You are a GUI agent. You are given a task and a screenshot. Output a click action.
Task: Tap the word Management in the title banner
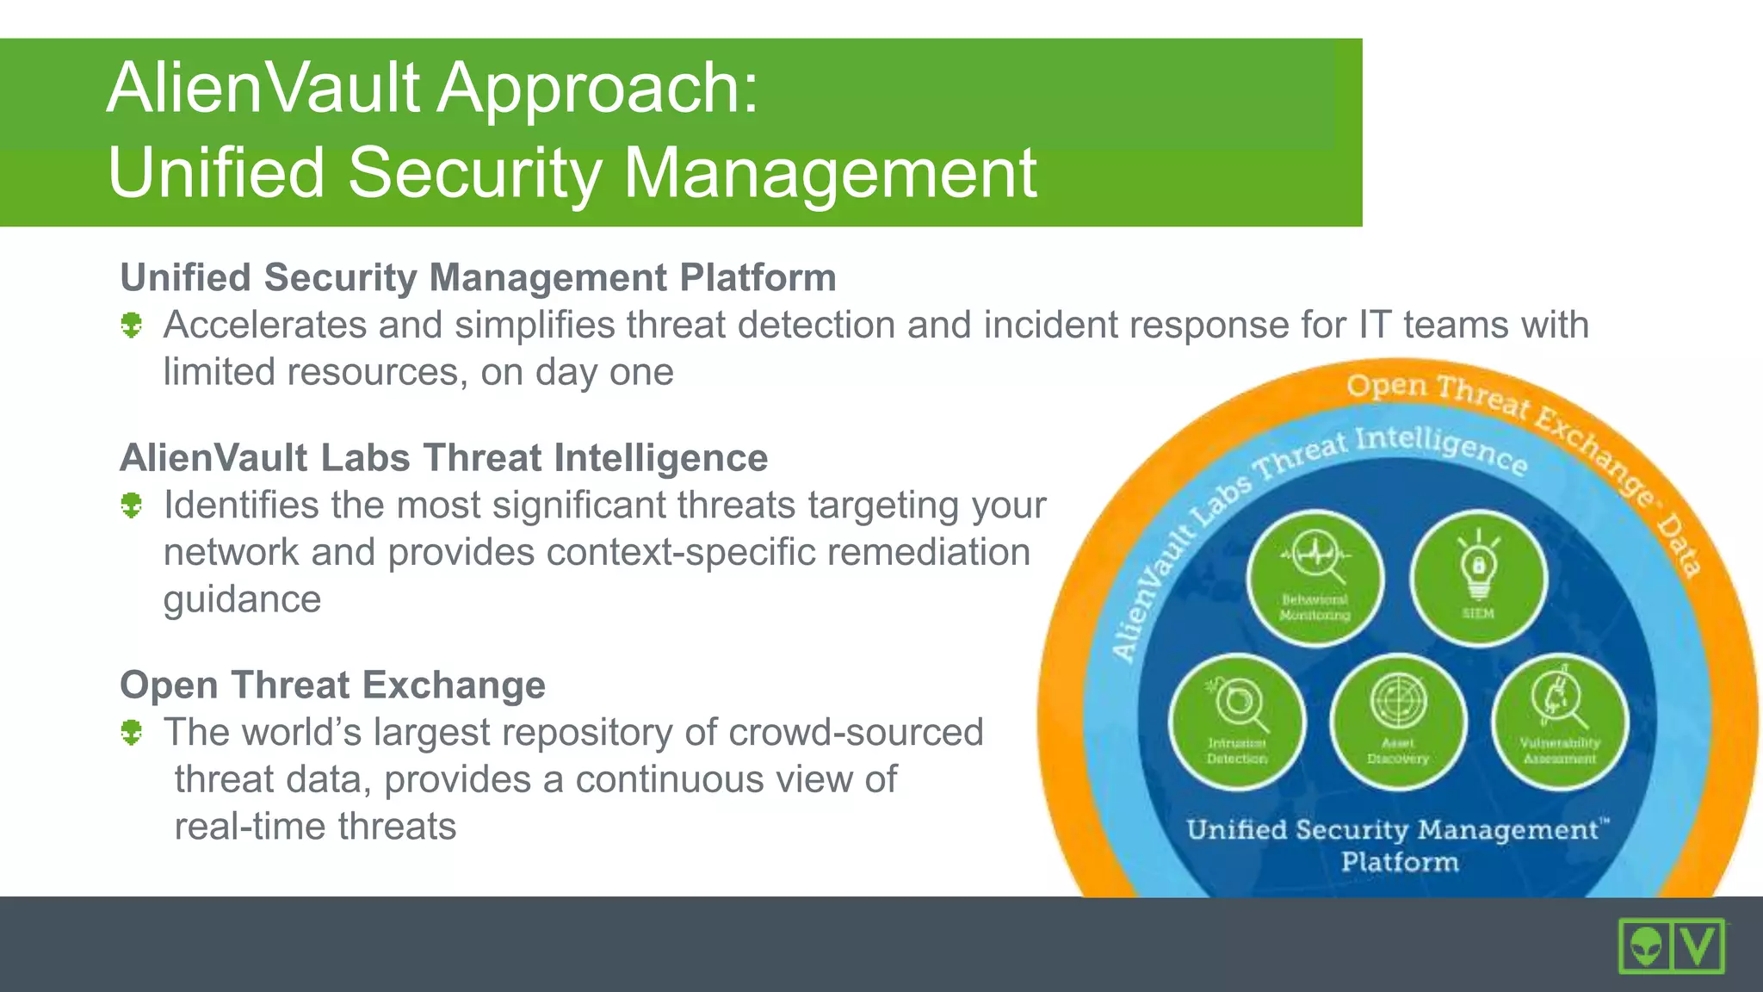coord(829,173)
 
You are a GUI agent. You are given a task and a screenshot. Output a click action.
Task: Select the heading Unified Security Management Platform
coord(478,278)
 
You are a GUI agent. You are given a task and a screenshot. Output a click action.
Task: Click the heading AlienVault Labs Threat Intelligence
coord(443,458)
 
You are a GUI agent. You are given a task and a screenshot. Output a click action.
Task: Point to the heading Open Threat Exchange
coord(332,685)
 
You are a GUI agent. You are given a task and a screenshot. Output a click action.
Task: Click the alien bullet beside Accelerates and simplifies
coord(131,325)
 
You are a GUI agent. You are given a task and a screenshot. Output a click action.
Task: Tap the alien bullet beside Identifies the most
coord(131,505)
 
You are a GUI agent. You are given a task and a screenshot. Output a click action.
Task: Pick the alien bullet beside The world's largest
coord(131,733)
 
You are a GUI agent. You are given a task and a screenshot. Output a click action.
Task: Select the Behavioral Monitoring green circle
coord(1315,579)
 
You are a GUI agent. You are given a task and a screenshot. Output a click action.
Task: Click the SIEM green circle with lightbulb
coord(1478,579)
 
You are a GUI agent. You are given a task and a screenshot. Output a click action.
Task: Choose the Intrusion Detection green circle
coord(1237,722)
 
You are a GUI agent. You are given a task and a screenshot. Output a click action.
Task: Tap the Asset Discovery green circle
coord(1398,722)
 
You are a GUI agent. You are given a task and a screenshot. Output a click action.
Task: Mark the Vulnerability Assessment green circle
coord(1559,722)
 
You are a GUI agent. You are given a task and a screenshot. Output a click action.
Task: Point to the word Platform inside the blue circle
coord(1400,862)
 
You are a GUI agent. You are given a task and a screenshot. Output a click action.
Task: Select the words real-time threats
coord(315,827)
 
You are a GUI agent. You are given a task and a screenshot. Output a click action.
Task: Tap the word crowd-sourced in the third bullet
coord(856,733)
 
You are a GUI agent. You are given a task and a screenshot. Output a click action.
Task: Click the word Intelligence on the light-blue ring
coord(1441,449)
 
